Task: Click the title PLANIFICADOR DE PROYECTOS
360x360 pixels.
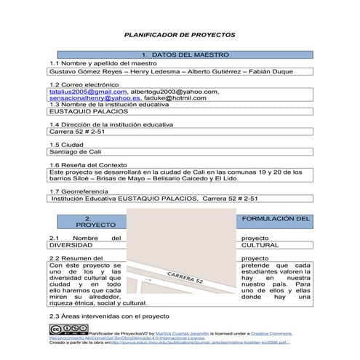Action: pyautogui.click(x=180, y=34)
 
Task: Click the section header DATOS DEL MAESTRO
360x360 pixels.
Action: pyautogui.click(x=185, y=55)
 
